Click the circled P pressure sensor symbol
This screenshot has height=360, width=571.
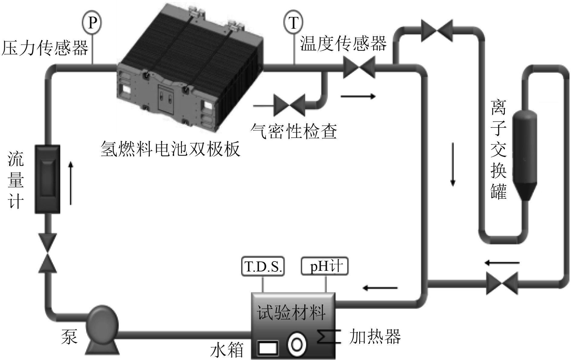(x=92, y=22)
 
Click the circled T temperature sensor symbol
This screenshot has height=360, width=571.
(x=293, y=23)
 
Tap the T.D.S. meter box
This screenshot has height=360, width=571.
(x=263, y=266)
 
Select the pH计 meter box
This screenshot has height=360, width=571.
(x=325, y=266)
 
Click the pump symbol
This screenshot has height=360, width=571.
(x=102, y=328)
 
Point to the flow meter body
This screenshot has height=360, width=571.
(x=47, y=179)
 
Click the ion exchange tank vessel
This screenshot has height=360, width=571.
(x=525, y=154)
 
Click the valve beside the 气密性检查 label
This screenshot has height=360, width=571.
(x=289, y=105)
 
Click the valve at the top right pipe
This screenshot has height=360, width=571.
(x=437, y=31)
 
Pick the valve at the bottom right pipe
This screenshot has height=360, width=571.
(x=502, y=284)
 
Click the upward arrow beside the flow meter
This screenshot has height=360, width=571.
(x=71, y=183)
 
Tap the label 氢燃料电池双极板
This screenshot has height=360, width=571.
(x=170, y=149)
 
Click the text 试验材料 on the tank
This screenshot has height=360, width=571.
(x=291, y=312)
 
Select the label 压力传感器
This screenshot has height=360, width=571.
(x=45, y=48)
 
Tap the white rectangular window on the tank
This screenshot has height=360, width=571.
(x=268, y=348)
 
